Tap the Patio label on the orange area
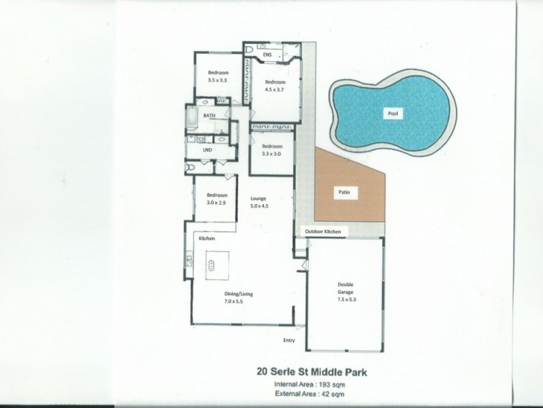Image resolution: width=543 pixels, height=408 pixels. tap(344, 192)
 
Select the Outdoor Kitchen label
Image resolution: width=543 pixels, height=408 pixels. tap(326, 233)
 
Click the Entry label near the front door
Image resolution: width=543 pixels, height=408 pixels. tap(289, 340)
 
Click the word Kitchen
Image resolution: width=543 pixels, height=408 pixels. tap(206, 239)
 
